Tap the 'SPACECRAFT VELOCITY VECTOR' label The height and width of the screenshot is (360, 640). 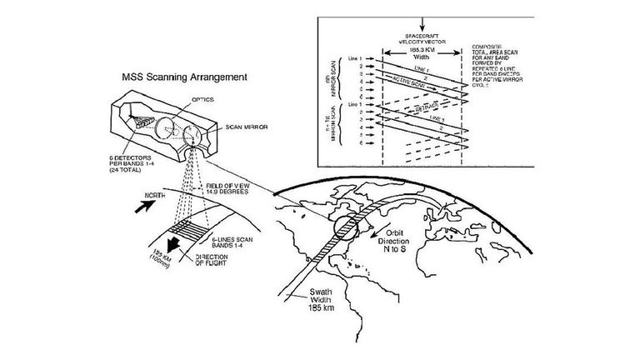422,32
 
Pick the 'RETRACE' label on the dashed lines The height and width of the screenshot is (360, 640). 422,108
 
